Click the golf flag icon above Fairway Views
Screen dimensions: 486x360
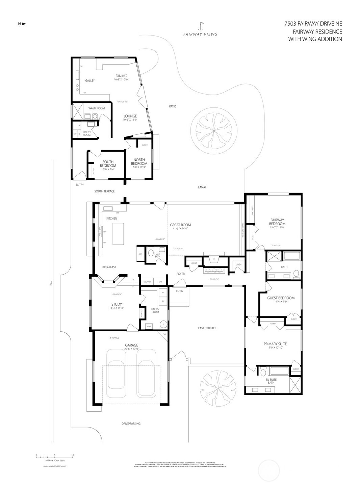[202, 26]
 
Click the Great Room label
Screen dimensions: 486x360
[180, 225]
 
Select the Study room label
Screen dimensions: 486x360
[117, 304]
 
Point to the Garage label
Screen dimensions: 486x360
[131, 345]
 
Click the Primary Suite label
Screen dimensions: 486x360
[275, 344]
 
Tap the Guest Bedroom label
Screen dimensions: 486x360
[281, 298]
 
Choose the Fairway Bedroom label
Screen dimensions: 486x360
[277, 222]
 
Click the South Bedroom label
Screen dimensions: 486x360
[108, 164]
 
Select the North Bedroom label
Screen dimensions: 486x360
[139, 161]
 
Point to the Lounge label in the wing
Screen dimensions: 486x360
[130, 116]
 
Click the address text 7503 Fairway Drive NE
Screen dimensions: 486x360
[313, 24]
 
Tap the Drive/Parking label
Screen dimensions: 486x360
[131, 424]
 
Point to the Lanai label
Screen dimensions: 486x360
[202, 187]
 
